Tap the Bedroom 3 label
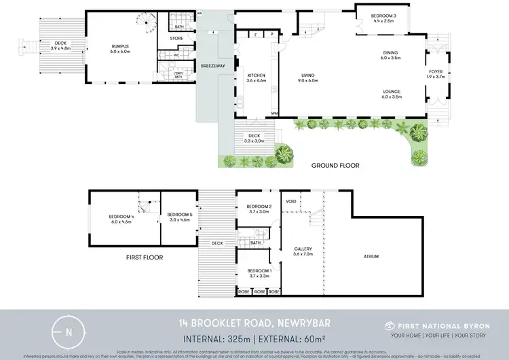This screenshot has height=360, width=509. [382, 17]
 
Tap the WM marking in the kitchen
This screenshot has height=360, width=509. [274, 113]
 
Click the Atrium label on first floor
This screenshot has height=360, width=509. [371, 256]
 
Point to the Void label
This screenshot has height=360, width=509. [291, 202]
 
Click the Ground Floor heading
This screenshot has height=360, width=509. [335, 165]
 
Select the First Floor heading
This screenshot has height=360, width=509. [144, 257]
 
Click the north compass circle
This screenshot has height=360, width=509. [69, 332]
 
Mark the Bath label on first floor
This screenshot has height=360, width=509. [256, 242]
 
